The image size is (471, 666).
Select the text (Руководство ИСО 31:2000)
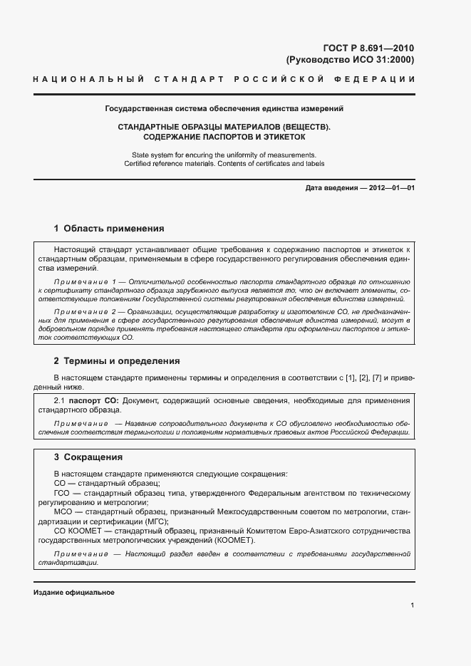[x=349, y=60]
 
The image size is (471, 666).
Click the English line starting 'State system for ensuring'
[x=224, y=155]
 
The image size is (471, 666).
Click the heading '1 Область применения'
[x=109, y=229]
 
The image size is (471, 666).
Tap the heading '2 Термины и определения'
[x=117, y=361]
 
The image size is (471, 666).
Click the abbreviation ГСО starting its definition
[x=63, y=493]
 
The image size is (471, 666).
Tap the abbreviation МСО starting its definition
[x=63, y=511]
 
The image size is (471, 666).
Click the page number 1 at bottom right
[x=413, y=605]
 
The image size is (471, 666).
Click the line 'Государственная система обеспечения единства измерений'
[x=224, y=110]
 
